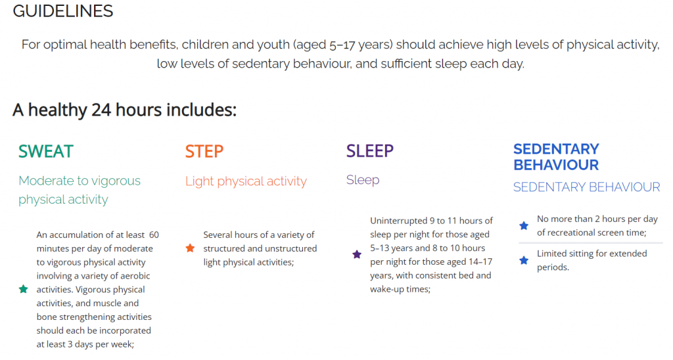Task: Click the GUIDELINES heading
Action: tap(62, 11)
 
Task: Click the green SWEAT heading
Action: tap(46, 152)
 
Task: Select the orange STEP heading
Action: tap(204, 152)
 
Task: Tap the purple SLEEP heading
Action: tap(369, 151)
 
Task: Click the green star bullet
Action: tap(24, 289)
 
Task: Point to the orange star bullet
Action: tap(190, 248)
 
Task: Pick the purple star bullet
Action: tap(357, 254)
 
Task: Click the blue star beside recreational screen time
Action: tap(524, 226)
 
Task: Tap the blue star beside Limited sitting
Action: tap(524, 260)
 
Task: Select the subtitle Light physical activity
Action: tap(246, 181)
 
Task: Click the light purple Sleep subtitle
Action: tap(363, 180)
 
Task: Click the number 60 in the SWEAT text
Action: tap(154, 235)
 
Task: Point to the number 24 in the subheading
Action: tap(101, 110)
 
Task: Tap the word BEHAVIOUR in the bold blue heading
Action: tap(556, 165)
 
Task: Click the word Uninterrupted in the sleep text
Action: tap(398, 221)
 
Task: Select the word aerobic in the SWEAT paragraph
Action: tap(135, 276)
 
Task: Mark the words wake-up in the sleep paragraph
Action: tap(386, 290)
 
